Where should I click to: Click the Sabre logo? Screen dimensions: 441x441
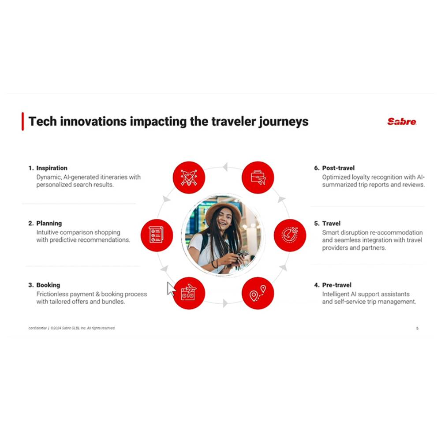[x=402, y=122]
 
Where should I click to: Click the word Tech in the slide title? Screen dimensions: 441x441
[x=42, y=122]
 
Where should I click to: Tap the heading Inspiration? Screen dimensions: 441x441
[x=52, y=168]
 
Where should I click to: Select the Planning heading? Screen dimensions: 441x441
[x=49, y=223]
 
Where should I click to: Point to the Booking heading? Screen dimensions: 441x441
[x=48, y=285]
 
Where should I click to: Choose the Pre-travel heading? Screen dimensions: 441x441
[x=336, y=285]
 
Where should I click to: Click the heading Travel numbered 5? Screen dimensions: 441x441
[x=331, y=224]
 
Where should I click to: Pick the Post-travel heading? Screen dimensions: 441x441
[x=338, y=168]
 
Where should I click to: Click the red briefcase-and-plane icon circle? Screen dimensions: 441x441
[x=258, y=177]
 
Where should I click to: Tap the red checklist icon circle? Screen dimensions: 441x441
[x=157, y=235]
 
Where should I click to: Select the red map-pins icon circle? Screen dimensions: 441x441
[x=258, y=293]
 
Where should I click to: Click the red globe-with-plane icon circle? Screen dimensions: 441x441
[x=290, y=235]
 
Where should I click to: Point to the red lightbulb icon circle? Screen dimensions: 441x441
[x=189, y=177]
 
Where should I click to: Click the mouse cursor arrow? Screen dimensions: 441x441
[x=171, y=289]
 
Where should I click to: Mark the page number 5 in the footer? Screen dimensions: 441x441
[x=417, y=328]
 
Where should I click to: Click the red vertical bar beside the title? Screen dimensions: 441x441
[x=23, y=122]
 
